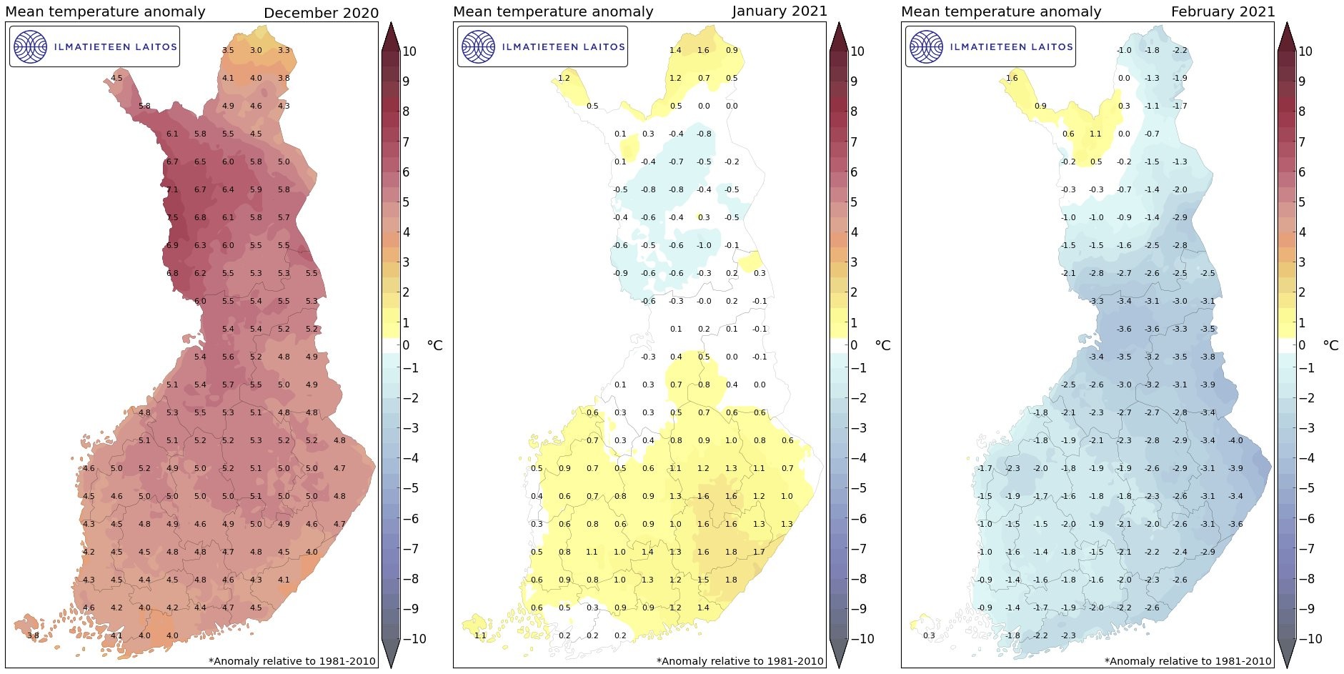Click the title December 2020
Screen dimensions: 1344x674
point(321,13)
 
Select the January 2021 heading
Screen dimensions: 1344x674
point(780,11)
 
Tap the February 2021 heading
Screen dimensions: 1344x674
point(1223,11)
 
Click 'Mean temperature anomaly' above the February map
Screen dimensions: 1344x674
point(1001,11)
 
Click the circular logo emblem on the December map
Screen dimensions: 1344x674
point(30,46)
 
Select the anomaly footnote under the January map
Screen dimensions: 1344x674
point(740,661)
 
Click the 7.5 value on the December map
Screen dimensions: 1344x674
point(172,218)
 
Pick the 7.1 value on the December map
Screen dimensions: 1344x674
point(172,190)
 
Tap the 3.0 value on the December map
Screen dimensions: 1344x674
point(256,51)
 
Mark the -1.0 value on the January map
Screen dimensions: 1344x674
point(704,246)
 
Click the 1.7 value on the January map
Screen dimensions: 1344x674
point(759,552)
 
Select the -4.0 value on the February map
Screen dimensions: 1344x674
point(1235,441)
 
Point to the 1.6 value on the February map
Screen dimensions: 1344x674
point(1012,79)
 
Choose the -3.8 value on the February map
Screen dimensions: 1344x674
point(1208,357)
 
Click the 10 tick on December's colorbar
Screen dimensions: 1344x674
point(409,51)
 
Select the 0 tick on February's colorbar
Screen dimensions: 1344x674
point(1301,346)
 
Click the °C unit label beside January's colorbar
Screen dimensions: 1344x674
point(883,346)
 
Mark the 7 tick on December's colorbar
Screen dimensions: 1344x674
point(406,142)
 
